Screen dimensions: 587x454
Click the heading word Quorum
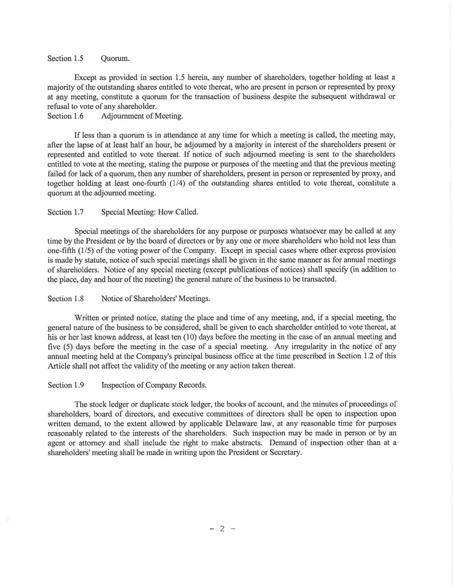(117, 58)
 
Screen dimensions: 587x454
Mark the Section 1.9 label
(65, 385)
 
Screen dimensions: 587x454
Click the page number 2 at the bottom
(222, 529)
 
